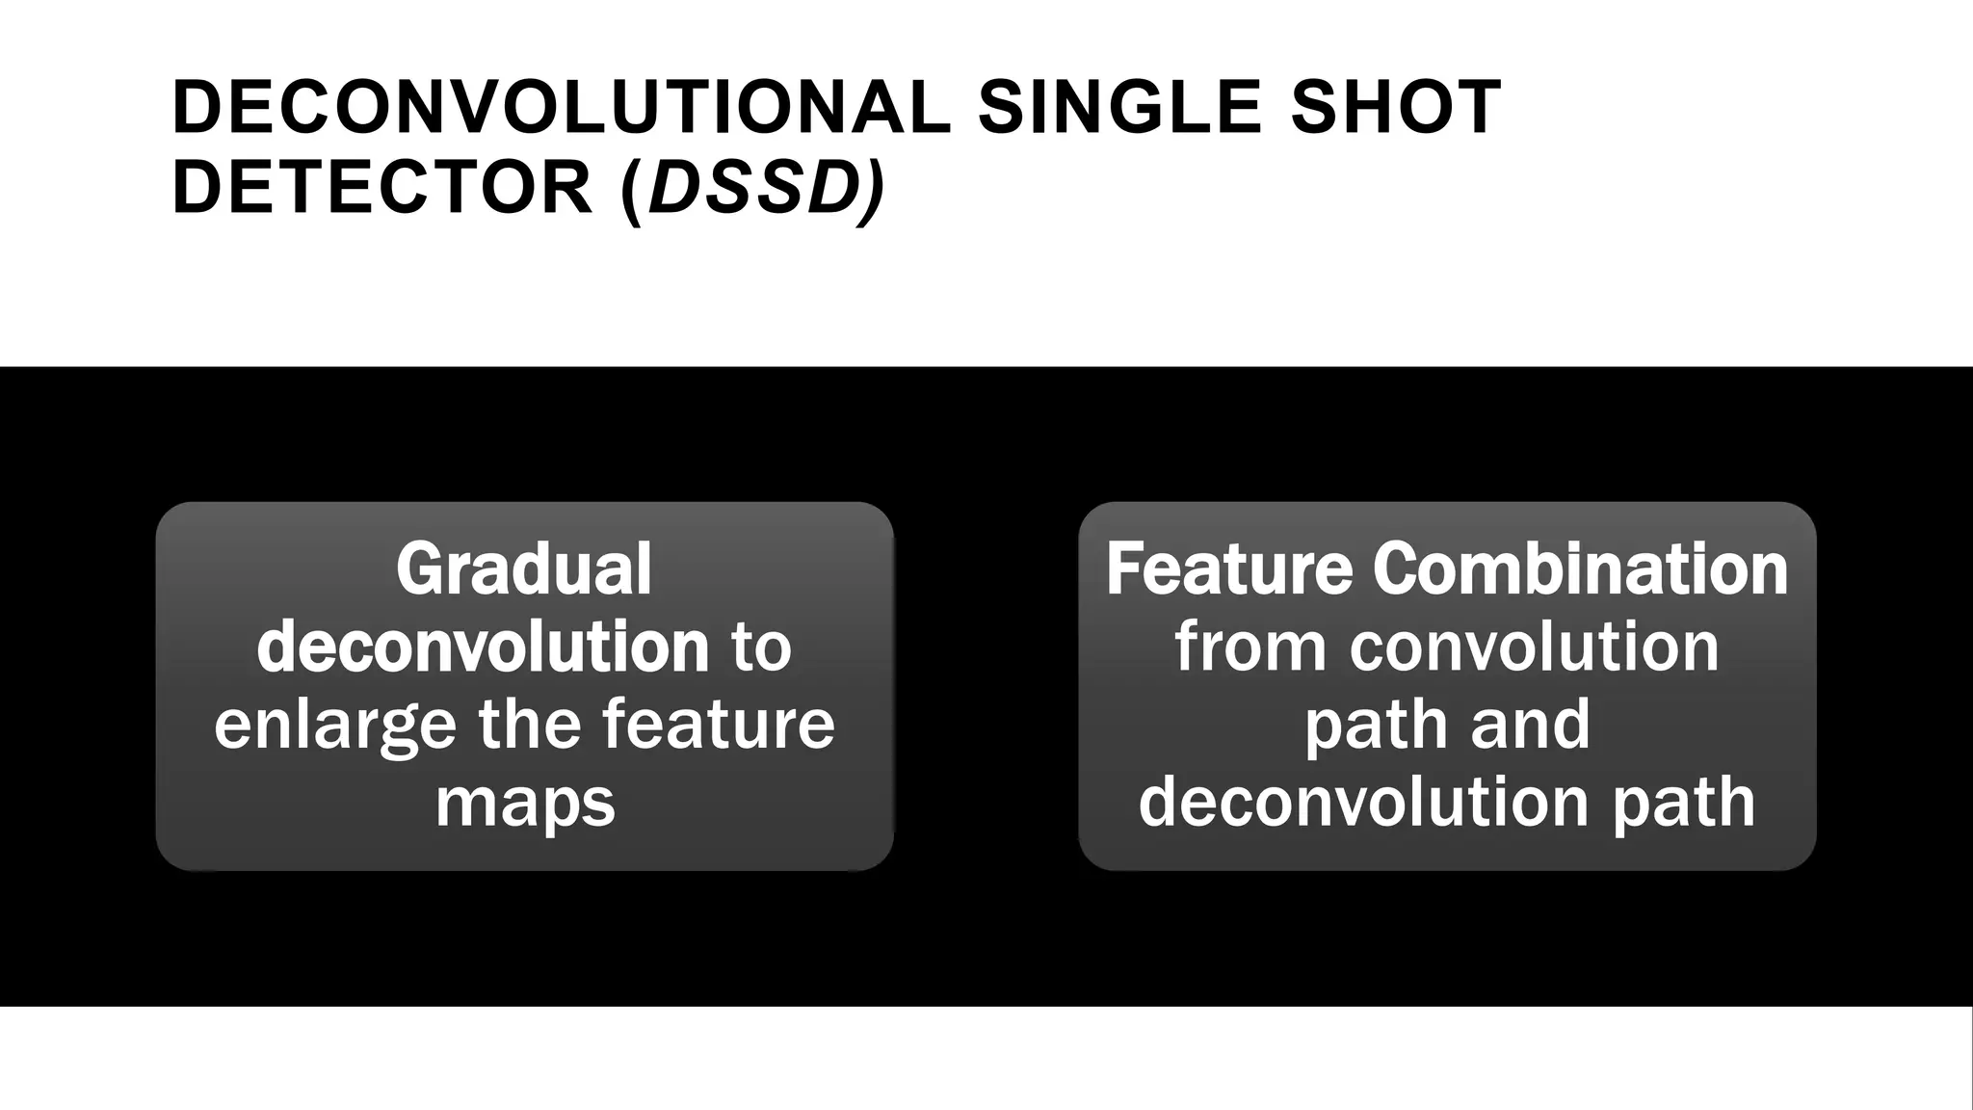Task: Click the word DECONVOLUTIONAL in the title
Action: coord(561,107)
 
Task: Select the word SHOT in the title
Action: coord(1396,107)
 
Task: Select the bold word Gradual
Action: coord(524,569)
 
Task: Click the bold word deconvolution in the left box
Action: coord(483,647)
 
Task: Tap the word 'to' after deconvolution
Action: coord(761,647)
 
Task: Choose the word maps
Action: coord(525,804)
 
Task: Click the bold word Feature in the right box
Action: coord(1228,569)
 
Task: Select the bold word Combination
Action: coord(1580,569)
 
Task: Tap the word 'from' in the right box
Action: coord(1250,647)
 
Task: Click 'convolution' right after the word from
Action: coord(1534,647)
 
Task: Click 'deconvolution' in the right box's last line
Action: coord(1363,802)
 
